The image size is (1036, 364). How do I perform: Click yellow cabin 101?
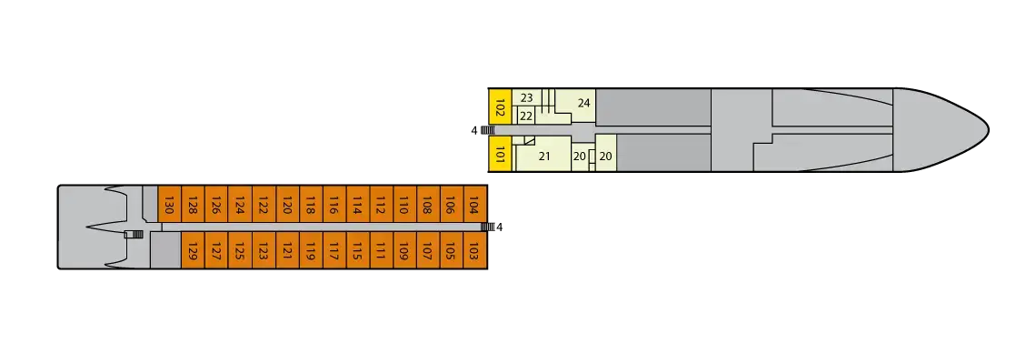pyautogui.click(x=500, y=155)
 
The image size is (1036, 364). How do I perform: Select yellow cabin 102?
pyautogui.click(x=500, y=110)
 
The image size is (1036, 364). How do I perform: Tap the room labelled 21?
pyautogui.click(x=544, y=157)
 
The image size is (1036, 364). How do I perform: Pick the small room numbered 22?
pyautogui.click(x=526, y=116)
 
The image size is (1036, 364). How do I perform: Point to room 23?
pyautogui.click(x=526, y=98)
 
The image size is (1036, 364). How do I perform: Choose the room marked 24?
pyautogui.click(x=583, y=103)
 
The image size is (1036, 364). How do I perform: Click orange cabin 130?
pyautogui.click(x=169, y=207)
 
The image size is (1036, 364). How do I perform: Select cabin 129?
pyautogui.click(x=193, y=249)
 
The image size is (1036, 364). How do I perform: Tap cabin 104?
pyautogui.click(x=473, y=207)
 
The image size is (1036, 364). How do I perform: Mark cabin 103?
pyautogui.click(x=473, y=249)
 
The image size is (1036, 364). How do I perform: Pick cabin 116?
pyautogui.click(x=333, y=207)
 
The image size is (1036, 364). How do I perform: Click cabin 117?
pyautogui.click(x=333, y=249)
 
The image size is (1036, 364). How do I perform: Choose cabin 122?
pyautogui.click(x=263, y=207)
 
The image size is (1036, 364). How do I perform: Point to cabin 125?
pyautogui.click(x=239, y=249)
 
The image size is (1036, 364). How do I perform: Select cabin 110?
pyautogui.click(x=403, y=207)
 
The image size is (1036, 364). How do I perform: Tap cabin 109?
pyautogui.click(x=403, y=249)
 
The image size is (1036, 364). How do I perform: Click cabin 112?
pyautogui.click(x=380, y=207)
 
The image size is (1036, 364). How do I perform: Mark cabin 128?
pyautogui.click(x=193, y=207)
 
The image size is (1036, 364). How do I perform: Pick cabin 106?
pyautogui.click(x=450, y=207)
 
